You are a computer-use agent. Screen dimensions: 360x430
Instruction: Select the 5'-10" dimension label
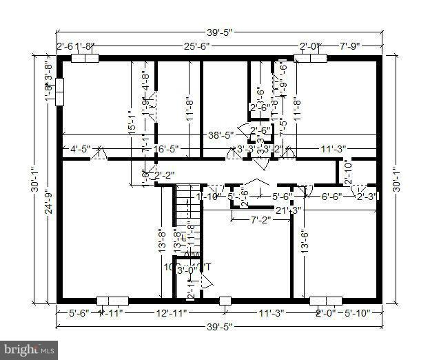[x=357, y=314]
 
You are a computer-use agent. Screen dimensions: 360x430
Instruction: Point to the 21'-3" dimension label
[x=287, y=210]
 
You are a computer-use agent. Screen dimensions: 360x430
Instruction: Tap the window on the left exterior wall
[x=59, y=91]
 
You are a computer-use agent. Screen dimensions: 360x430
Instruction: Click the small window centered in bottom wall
[x=225, y=301]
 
